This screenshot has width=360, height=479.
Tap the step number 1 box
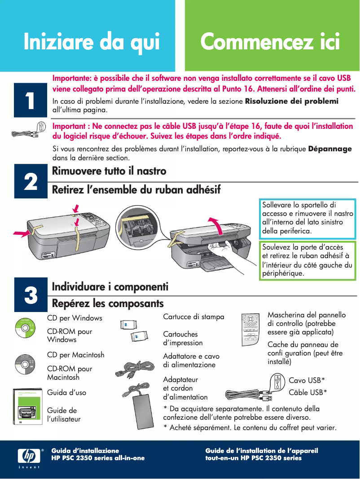click(x=30, y=101)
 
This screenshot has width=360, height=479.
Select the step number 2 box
click(x=30, y=182)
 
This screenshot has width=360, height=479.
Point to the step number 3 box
click(x=30, y=295)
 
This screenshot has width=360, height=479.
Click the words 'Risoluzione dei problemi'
click(x=291, y=101)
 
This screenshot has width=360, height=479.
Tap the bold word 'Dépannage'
click(x=330, y=149)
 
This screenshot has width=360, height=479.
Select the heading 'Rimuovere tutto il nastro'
click(x=109, y=171)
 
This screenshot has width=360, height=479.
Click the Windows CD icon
click(x=25, y=328)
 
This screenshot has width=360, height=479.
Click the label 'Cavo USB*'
click(x=307, y=381)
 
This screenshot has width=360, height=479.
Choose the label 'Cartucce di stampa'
click(x=193, y=317)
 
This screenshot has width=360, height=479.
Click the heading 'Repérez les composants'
click(x=108, y=303)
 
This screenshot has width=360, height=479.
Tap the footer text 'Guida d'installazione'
click(x=85, y=450)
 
